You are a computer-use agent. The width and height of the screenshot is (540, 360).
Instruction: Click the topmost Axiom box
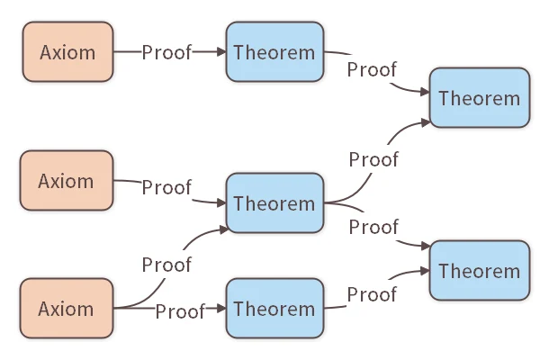click(67, 52)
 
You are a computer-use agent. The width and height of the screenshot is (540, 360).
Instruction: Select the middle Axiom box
click(67, 181)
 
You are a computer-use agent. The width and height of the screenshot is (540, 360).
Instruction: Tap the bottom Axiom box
click(67, 309)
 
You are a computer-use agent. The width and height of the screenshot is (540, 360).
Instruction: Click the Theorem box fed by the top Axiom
click(274, 52)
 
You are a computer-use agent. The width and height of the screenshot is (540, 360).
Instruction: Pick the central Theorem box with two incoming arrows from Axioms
click(274, 203)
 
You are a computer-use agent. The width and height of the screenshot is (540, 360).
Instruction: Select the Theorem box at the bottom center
click(274, 309)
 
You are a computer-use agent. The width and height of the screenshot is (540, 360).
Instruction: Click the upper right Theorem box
click(480, 97)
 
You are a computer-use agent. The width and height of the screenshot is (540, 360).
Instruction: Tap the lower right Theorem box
click(480, 271)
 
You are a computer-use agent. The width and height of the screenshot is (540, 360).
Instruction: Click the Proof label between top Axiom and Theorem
click(166, 52)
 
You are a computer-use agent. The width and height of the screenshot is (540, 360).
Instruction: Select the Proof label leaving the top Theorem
click(373, 70)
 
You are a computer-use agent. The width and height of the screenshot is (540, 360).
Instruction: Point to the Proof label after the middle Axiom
click(166, 187)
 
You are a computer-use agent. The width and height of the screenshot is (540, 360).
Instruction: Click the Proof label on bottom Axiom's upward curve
click(166, 265)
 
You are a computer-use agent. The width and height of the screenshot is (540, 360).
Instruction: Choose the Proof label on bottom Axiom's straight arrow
click(180, 311)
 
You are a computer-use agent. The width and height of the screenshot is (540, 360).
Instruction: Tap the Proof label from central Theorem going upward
click(373, 159)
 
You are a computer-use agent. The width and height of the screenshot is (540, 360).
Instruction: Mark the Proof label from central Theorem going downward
click(373, 225)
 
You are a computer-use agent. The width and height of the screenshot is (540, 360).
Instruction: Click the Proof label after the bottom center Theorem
click(373, 294)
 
